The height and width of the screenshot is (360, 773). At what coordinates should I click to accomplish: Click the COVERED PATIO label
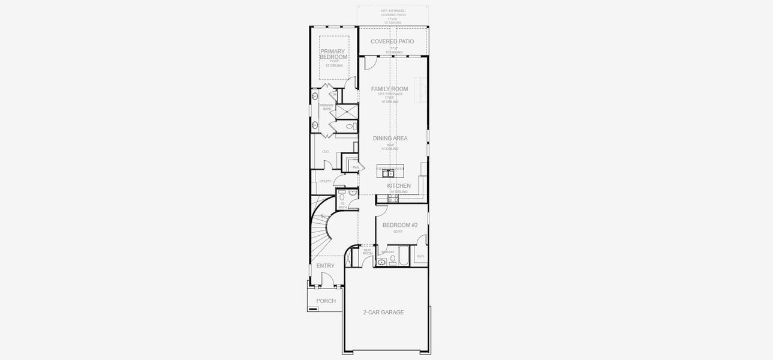392,41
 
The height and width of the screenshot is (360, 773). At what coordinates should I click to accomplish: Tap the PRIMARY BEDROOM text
333,55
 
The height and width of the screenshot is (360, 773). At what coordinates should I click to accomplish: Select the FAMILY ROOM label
389,89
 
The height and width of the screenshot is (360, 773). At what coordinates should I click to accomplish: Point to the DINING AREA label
390,139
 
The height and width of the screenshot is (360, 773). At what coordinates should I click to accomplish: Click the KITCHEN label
399,186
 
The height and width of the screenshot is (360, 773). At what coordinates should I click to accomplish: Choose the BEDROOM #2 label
400,225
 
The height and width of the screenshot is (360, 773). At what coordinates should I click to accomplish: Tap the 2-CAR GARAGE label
383,313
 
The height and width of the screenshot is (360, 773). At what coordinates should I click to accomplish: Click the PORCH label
326,301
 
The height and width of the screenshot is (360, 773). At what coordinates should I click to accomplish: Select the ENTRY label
326,266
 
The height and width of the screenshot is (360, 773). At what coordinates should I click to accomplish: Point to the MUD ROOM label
367,252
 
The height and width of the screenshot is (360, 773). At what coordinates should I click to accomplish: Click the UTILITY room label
325,181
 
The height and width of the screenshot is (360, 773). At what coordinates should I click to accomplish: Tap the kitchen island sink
389,173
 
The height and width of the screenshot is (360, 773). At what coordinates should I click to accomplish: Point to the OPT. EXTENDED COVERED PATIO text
393,15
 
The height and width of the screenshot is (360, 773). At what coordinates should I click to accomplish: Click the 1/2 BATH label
342,205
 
